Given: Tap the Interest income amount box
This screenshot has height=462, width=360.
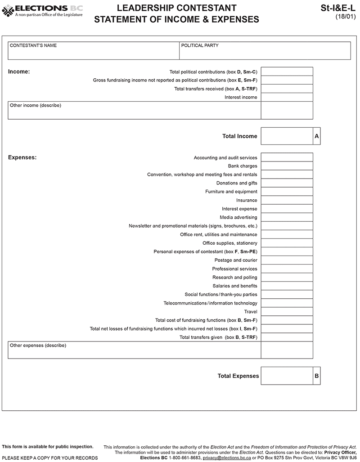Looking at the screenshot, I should coord(287,97).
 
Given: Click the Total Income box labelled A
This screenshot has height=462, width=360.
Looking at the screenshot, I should coord(287,136).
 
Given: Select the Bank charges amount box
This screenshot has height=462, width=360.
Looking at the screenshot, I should coord(287,166).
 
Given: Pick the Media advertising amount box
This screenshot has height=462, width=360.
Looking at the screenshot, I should coord(287,217).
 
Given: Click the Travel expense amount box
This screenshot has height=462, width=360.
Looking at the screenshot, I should coord(287,312).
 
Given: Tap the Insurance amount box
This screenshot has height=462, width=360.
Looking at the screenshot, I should coord(287,200).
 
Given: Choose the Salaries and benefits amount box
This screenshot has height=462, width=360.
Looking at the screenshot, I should coord(287,286).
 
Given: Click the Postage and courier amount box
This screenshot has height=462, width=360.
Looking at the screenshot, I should coord(287,260).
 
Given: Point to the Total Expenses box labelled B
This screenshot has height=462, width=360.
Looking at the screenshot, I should coord(287,376).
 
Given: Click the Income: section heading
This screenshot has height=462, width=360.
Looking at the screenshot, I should coord(19,72).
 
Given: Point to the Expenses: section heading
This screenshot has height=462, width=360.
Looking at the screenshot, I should coord(22,157).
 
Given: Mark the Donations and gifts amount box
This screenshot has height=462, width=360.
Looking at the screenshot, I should coord(287,183).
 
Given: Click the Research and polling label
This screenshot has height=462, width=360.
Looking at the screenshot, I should coord(235,278).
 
